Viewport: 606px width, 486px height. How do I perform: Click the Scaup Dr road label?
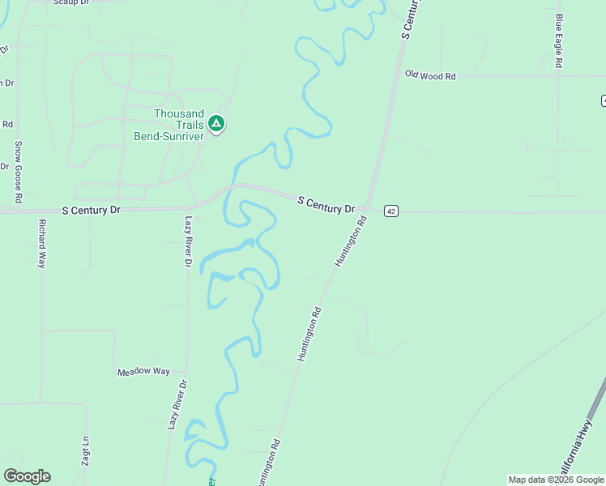70,2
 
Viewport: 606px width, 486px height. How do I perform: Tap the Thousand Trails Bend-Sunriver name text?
169,125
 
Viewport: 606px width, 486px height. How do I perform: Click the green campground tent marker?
216,124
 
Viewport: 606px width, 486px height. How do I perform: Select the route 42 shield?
391,211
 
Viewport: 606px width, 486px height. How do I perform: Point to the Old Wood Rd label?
430,76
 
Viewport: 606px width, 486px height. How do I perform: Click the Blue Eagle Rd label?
559,40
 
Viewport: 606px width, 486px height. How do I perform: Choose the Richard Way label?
41,243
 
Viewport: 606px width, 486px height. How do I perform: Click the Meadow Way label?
143,372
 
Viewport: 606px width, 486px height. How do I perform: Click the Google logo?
27,476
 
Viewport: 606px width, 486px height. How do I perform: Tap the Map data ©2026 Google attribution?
556,480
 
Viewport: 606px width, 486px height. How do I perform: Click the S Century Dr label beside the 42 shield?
326,204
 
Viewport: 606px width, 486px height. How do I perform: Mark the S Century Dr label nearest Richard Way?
91,210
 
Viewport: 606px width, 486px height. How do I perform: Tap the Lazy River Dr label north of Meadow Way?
187,241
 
